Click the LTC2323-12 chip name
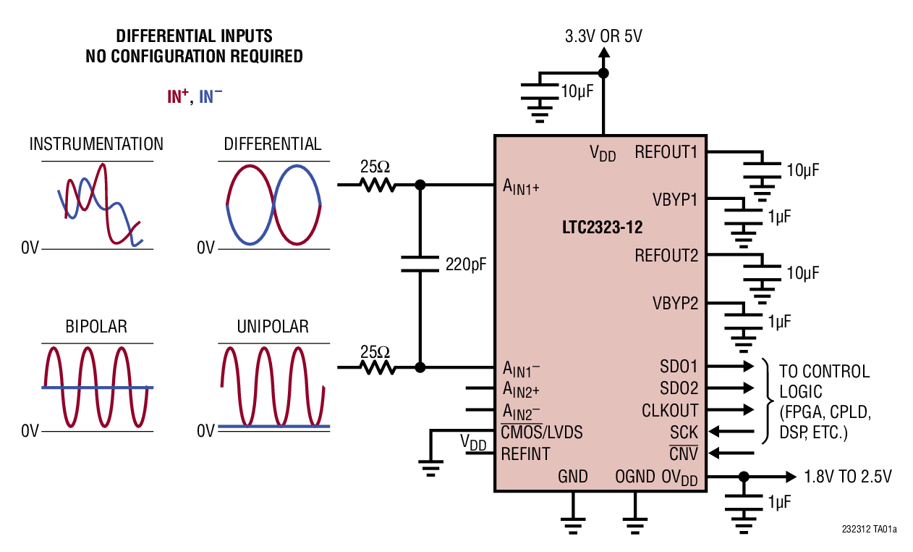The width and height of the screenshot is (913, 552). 602,227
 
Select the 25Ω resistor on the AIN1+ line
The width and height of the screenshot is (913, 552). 378,185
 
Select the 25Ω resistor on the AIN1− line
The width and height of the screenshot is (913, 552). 378,367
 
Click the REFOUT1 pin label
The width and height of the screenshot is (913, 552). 666,152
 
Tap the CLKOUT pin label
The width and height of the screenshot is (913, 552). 670,411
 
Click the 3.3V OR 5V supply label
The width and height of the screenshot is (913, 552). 603,36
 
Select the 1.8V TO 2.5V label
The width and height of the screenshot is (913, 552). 848,477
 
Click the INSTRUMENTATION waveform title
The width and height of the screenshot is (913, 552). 96,144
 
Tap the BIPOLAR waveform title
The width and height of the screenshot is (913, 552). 96,327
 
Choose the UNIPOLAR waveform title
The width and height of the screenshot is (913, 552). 273,327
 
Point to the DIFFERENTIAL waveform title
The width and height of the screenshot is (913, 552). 273,144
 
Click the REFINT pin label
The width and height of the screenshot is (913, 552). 526,454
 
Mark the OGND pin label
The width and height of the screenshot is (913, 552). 634,477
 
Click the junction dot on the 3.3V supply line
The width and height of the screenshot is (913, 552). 603,73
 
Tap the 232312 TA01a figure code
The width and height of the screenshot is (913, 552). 869,530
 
